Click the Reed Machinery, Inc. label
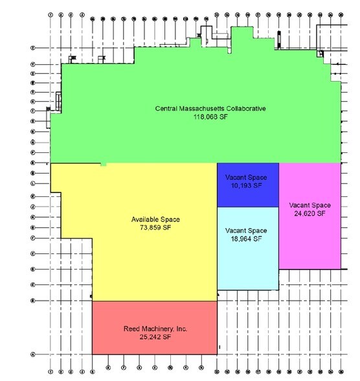[x=155, y=329]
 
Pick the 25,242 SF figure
[x=155, y=338]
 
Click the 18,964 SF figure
[x=246, y=239]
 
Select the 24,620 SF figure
[x=309, y=213]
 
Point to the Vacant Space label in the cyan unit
[x=246, y=231]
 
